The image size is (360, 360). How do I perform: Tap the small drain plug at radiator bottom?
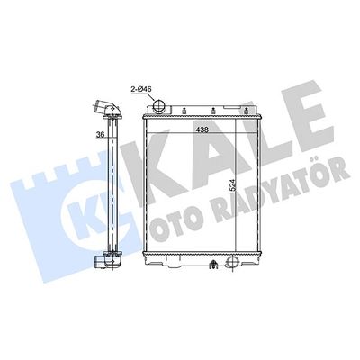tap(212, 265)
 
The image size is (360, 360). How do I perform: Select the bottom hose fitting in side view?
tap(107, 262)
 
